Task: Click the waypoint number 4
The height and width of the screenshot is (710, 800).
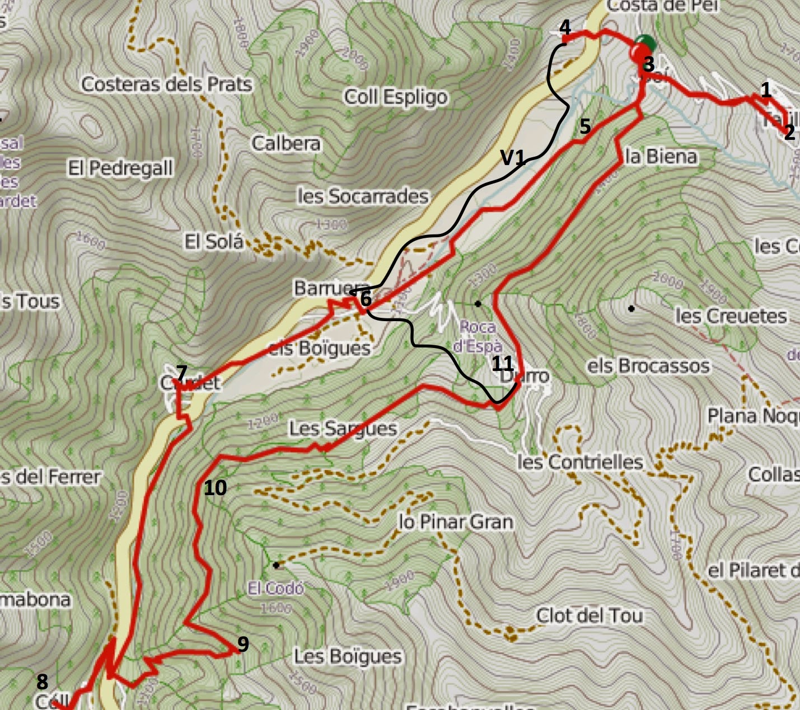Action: [x=565, y=27]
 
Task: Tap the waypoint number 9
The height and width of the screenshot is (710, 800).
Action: [x=242, y=644]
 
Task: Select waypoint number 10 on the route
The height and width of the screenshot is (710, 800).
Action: [x=215, y=488]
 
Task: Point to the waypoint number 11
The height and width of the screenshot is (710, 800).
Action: [x=502, y=364]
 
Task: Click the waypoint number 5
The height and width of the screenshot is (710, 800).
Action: [x=585, y=126]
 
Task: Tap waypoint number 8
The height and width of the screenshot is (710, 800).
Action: [x=42, y=681]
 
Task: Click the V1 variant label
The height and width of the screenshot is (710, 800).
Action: [x=512, y=158]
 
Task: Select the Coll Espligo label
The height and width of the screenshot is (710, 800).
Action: [x=396, y=97]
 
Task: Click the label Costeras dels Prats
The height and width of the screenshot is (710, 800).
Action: [x=167, y=84]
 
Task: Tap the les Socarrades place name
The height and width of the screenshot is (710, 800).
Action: [x=363, y=196]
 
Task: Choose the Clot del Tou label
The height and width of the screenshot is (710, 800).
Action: [x=589, y=615]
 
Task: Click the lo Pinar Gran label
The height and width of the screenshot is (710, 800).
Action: [x=456, y=522]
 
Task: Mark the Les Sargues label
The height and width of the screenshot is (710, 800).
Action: [x=343, y=429]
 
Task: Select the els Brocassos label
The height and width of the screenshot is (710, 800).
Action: [x=648, y=366]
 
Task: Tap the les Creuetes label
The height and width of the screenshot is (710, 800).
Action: [x=731, y=316]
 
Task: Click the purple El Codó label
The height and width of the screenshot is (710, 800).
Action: [x=276, y=588]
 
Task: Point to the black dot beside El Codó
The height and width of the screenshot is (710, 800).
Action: [x=276, y=565]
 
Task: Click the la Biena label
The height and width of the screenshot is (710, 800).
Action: [x=661, y=156]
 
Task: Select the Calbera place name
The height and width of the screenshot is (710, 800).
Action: [x=286, y=143]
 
